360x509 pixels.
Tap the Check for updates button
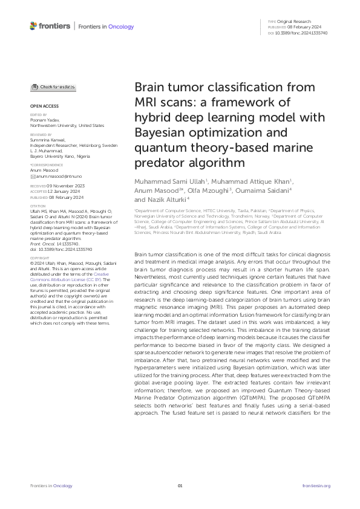tap(54, 86)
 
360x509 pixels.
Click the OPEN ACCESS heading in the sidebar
tap(42, 105)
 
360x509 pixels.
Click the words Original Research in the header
tap(294, 21)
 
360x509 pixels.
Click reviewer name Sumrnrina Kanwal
tap(48, 139)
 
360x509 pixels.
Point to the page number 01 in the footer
tap(180, 485)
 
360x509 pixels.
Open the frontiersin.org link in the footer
tap(316, 485)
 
